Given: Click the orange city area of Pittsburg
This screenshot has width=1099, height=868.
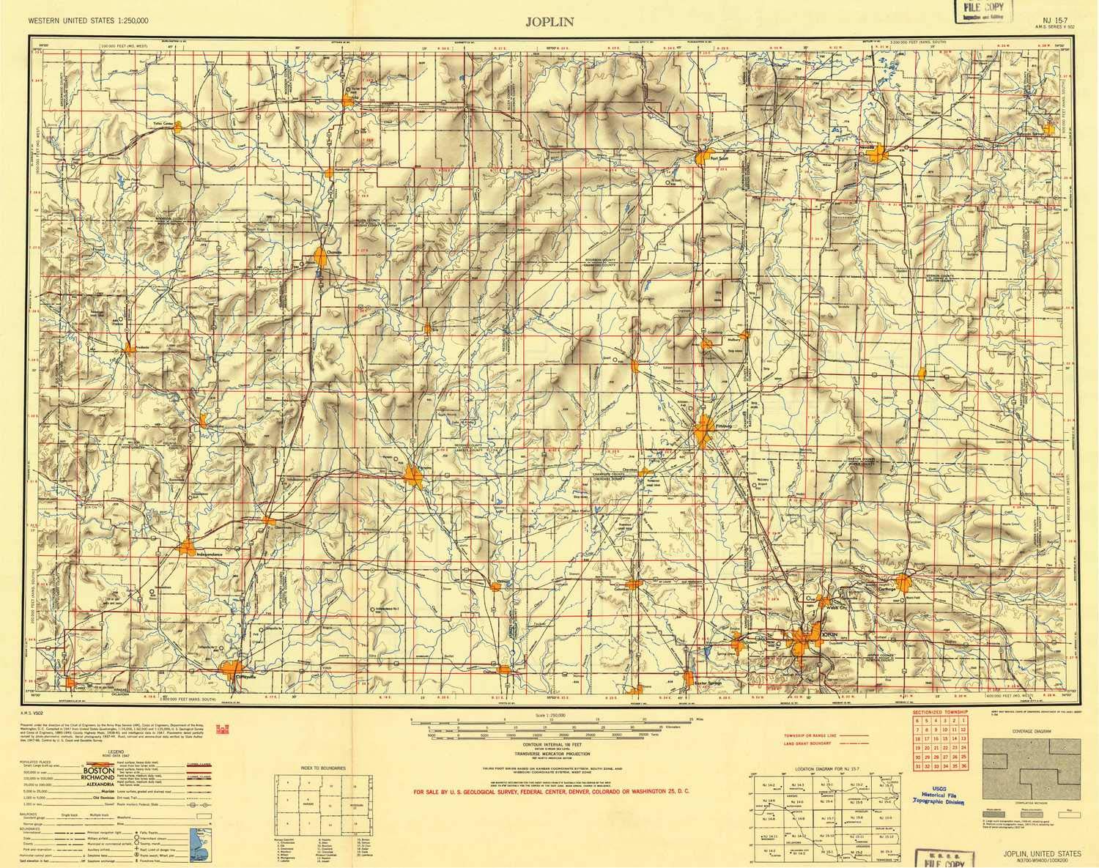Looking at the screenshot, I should (x=705, y=430).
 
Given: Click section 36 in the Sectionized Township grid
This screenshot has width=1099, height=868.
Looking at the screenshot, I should (x=964, y=765).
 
